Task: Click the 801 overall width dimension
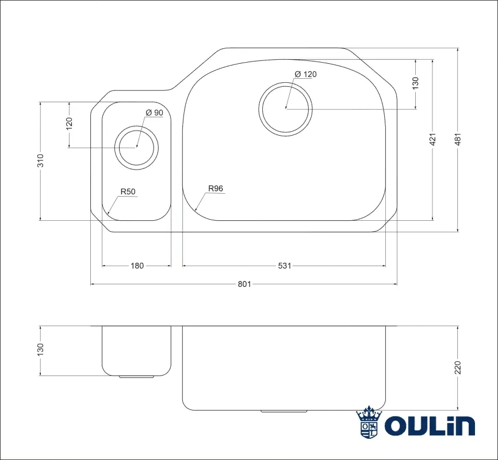click(x=244, y=284)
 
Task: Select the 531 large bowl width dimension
click(x=284, y=266)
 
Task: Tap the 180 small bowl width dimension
click(x=137, y=266)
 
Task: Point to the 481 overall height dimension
click(x=458, y=139)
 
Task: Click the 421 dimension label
click(x=432, y=139)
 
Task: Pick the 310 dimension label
click(x=40, y=160)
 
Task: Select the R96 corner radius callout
click(x=216, y=189)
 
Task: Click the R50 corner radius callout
click(x=128, y=191)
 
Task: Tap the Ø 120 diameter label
click(x=305, y=74)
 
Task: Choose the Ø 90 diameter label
click(x=154, y=113)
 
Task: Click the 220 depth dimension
click(x=458, y=367)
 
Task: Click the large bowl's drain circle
click(x=286, y=109)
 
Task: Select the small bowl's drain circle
click(x=136, y=147)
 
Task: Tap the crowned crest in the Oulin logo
click(x=369, y=422)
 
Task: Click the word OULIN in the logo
click(x=430, y=425)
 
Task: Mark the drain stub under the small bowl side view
click(x=136, y=377)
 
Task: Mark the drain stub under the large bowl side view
click(x=284, y=411)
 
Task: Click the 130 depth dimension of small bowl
click(x=40, y=350)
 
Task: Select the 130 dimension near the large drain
click(x=415, y=83)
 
